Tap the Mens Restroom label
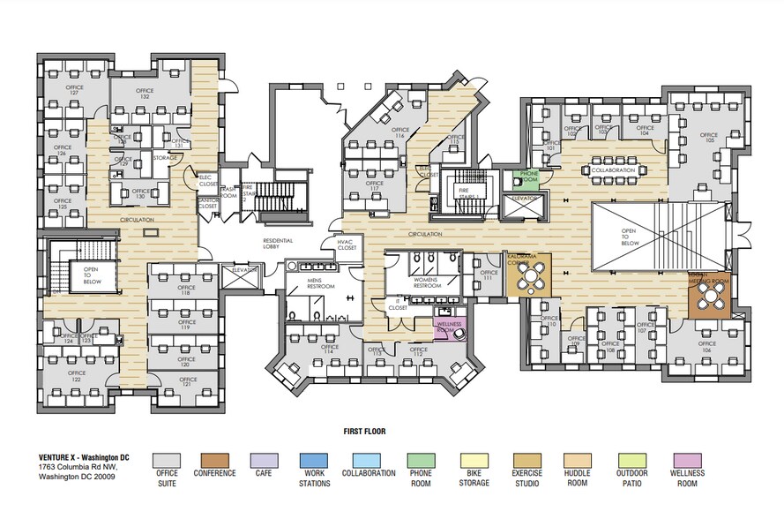pyautogui.click(x=319, y=284)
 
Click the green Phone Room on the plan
pyautogui.click(x=529, y=177)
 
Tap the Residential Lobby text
pyautogui.click(x=278, y=243)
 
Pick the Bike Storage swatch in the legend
pyautogui.click(x=474, y=461)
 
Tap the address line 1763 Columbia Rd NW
pyautogui.click(x=78, y=467)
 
